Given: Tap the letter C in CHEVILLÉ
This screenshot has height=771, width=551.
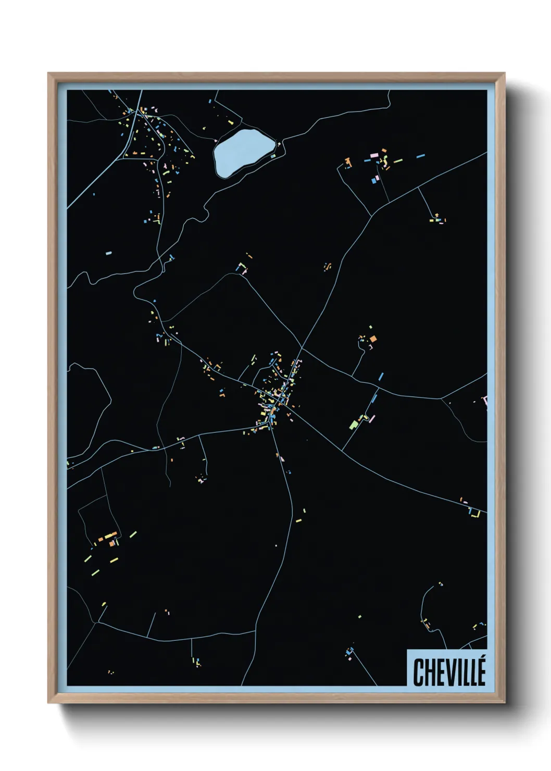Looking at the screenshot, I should pos(419,673).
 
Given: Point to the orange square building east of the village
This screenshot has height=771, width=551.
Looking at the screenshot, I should pos(373,339).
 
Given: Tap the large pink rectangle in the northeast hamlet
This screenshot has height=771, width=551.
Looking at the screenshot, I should pos(373,155).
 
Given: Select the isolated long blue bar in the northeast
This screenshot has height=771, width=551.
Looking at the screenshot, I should pos(420,155).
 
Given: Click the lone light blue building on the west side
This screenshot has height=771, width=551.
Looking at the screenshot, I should pos(108,253).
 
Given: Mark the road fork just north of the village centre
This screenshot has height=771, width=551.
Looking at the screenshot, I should pos(302,347).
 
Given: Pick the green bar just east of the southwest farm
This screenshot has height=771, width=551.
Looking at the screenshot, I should pos(133,534).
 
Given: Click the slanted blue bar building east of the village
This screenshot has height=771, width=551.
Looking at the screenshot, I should pos(381,376).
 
